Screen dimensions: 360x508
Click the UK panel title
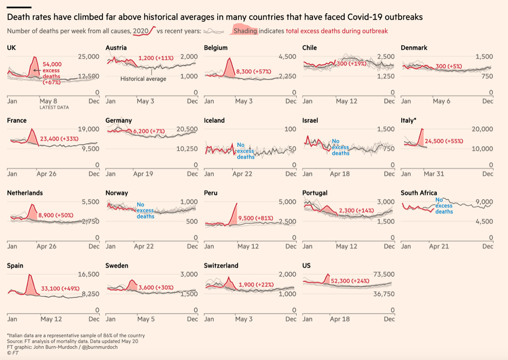[11, 48]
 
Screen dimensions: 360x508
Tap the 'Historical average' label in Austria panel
[143, 79]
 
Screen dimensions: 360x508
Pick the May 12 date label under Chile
[347, 102]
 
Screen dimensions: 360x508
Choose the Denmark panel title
[414, 48]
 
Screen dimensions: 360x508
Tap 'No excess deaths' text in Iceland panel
[246, 151]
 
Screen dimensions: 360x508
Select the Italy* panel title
[409, 120]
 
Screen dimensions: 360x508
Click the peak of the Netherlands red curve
[33, 205]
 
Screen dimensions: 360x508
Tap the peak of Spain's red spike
[30, 274]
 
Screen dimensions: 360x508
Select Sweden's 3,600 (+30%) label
[156, 288]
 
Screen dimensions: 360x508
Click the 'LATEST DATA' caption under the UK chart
[54, 108]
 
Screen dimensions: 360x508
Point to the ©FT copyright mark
[11, 352]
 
